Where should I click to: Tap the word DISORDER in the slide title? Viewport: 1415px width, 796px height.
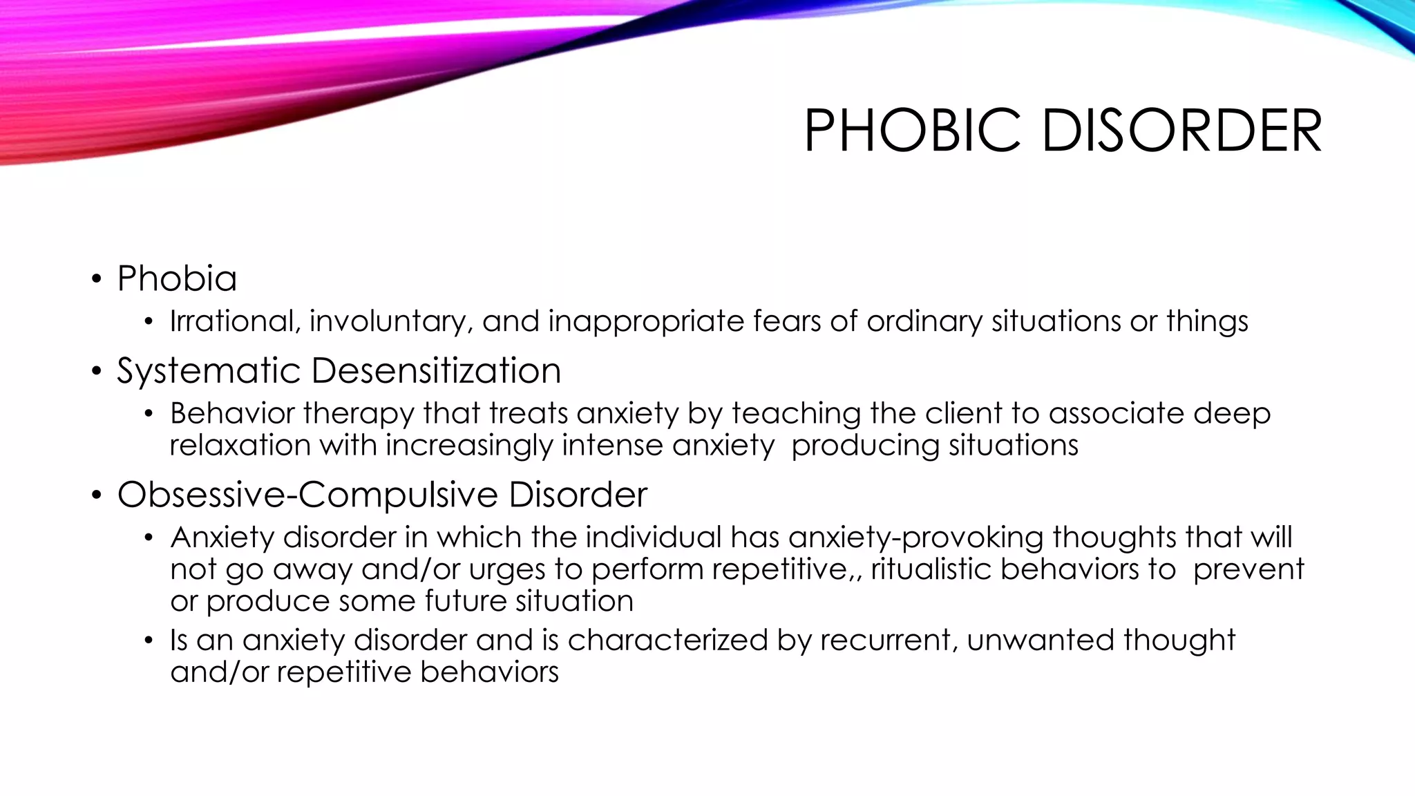click(1181, 131)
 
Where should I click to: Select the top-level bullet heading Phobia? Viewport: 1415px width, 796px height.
click(177, 278)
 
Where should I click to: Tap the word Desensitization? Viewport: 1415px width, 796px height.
click(436, 371)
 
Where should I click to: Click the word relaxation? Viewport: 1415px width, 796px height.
click(240, 445)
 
